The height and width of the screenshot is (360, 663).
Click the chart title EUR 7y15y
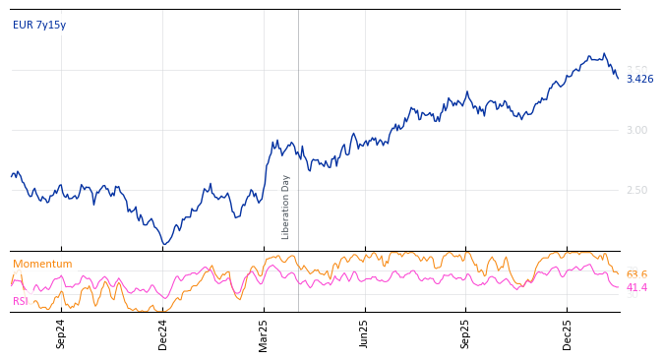(x=39, y=25)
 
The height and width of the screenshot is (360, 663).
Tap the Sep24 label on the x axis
(x=61, y=333)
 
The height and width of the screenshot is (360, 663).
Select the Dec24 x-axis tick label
(x=163, y=333)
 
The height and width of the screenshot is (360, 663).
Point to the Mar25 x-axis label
(x=264, y=333)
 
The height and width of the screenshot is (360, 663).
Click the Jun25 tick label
(x=364, y=333)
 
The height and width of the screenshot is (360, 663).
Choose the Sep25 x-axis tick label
(x=465, y=333)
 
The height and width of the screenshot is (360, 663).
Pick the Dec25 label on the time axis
(x=568, y=333)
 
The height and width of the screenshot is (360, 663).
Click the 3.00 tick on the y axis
(x=636, y=130)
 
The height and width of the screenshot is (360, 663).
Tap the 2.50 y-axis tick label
(x=636, y=190)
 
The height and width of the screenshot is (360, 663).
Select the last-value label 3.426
(x=639, y=79)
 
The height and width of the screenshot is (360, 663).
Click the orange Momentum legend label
(x=42, y=264)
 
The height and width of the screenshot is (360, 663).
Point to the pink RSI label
(x=21, y=301)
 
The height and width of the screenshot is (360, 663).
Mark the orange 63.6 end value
(x=636, y=274)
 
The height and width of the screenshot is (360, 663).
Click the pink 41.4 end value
(x=636, y=287)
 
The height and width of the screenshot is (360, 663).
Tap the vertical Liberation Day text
(x=286, y=207)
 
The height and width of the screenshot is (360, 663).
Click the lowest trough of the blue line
(x=164, y=244)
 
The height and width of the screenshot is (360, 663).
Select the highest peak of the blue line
(x=604, y=54)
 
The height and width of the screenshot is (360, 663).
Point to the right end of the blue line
(x=618, y=78)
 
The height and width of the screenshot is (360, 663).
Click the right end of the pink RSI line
(x=618, y=286)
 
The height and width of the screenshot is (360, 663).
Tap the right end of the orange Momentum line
(x=618, y=273)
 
